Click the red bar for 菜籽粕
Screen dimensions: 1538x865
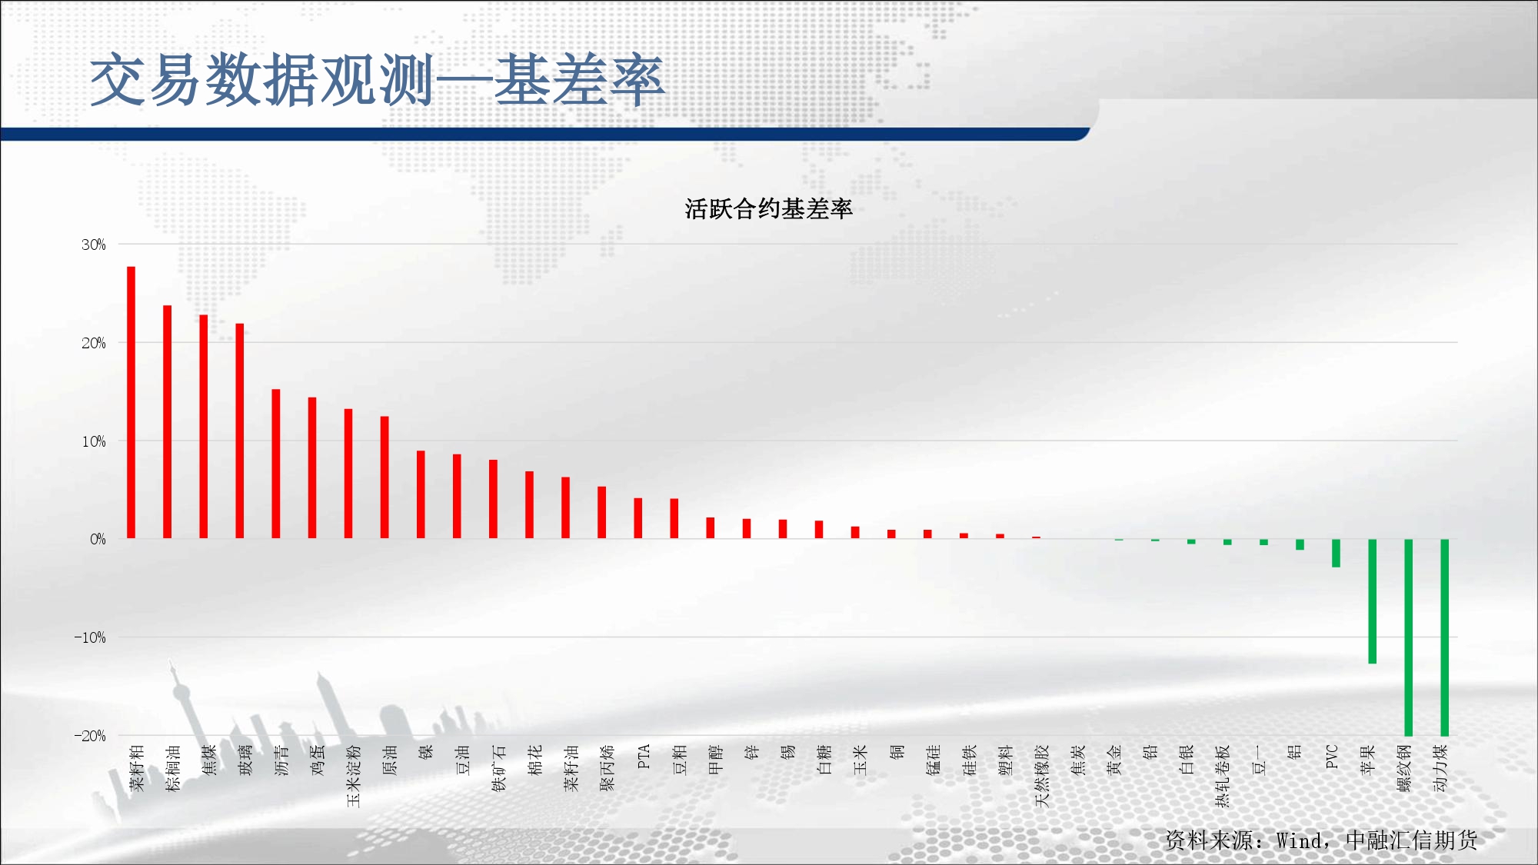[131, 402]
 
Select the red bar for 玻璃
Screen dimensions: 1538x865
[240, 431]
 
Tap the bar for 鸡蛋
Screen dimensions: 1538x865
[312, 467]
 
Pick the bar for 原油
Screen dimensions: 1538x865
[384, 477]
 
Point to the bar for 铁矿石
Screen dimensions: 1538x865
[493, 499]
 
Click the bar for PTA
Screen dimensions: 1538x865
[638, 518]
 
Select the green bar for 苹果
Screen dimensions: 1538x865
[1372, 601]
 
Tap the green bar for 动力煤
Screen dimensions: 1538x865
[1444, 637]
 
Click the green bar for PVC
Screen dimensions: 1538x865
[1336, 553]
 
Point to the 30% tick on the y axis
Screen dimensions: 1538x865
[94, 245]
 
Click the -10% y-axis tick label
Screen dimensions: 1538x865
[90, 637]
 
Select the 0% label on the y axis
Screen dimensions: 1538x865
[98, 539]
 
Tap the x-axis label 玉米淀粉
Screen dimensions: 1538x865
[354, 776]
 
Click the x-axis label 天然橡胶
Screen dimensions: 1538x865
[1042, 776]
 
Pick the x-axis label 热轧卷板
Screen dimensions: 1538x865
[1223, 776]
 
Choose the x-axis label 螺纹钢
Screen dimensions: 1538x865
[1404, 768]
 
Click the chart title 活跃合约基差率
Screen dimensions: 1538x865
[769, 209]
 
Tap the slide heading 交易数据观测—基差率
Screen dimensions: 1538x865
[377, 80]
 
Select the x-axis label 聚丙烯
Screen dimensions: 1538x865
[608, 768]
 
